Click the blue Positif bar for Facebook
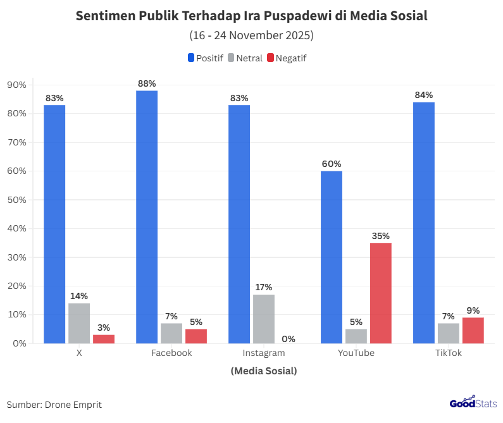(147, 217)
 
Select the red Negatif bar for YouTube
(381, 293)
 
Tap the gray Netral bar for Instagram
(264, 319)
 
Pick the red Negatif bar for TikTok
(473, 330)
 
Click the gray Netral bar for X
(79, 323)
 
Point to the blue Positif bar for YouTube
(332, 257)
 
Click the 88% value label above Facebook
(147, 83)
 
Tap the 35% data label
(381, 236)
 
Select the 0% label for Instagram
(289, 339)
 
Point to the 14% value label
(79, 296)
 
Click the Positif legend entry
(205, 58)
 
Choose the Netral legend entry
(245, 58)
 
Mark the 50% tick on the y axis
(16, 200)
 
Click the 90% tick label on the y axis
(16, 85)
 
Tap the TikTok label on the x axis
(449, 353)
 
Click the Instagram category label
(264, 353)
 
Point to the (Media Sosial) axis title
(264, 371)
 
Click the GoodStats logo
(473, 403)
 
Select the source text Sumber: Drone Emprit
(54, 405)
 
